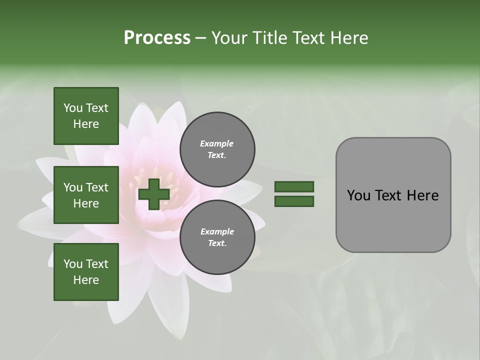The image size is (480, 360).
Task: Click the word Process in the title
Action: click(x=157, y=37)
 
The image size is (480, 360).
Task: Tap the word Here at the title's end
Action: click(x=348, y=38)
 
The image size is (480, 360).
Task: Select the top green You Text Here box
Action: click(x=86, y=116)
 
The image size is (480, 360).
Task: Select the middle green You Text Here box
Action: click(x=86, y=195)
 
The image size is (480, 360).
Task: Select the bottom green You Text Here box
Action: click(x=86, y=272)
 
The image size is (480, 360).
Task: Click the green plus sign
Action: click(x=154, y=194)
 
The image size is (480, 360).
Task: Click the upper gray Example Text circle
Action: click(x=217, y=149)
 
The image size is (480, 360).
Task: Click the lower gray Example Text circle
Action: click(x=217, y=237)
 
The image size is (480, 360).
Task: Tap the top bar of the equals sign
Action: click(x=294, y=186)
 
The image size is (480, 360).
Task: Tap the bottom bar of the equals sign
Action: click(x=294, y=201)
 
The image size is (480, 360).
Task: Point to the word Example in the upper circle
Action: click(x=217, y=143)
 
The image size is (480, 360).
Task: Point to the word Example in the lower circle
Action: click(x=217, y=231)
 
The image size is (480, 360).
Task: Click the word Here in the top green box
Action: click(x=86, y=124)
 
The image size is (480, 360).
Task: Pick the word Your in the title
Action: click(x=228, y=38)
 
